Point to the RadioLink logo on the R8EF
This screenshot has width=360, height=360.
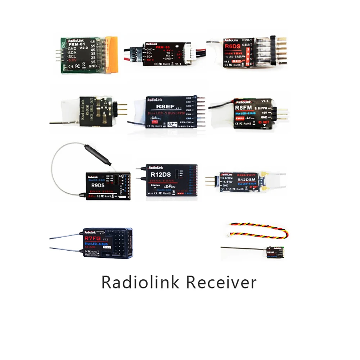[x=155, y=98]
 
